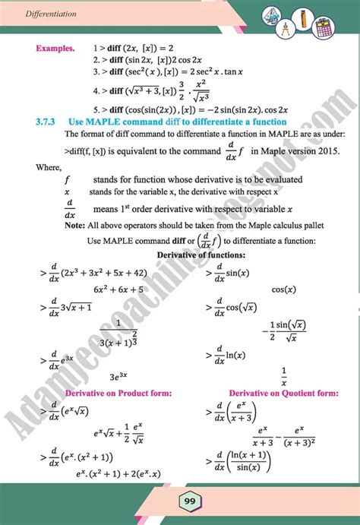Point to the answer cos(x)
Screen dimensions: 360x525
(283, 289)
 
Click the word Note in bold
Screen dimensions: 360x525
(74, 226)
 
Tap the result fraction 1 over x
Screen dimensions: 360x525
(283, 374)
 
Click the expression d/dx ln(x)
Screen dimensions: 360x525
(235, 353)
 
